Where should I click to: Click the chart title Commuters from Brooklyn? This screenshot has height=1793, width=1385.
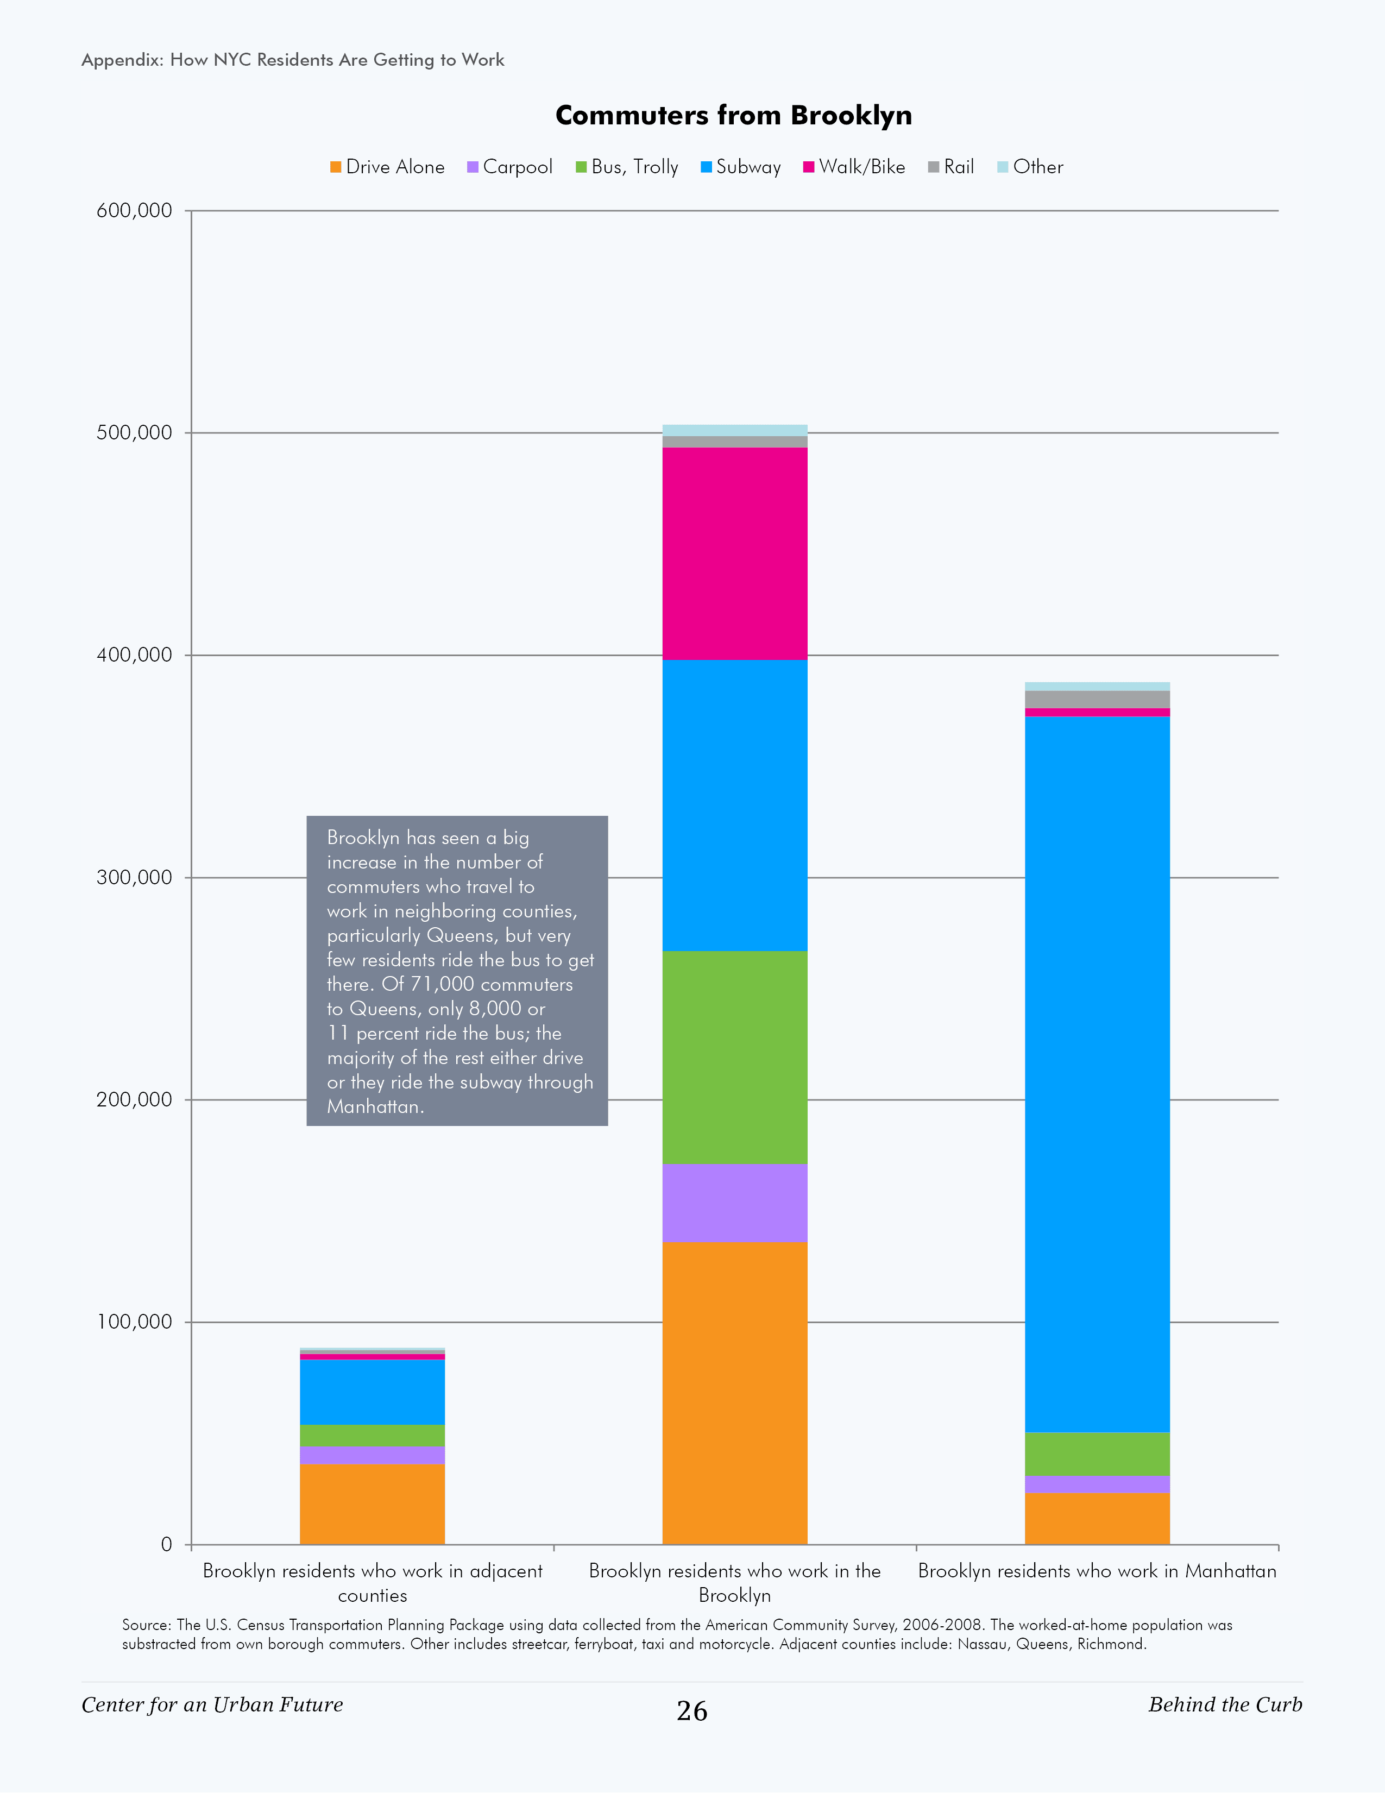(x=733, y=115)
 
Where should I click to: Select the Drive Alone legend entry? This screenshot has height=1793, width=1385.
(x=387, y=167)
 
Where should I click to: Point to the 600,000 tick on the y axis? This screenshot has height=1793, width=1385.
(x=135, y=210)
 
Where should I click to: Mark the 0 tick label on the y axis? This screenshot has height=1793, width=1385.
(x=167, y=1544)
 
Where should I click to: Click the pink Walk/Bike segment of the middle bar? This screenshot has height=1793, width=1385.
(x=735, y=553)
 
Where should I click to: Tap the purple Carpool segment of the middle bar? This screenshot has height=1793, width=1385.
(x=735, y=1203)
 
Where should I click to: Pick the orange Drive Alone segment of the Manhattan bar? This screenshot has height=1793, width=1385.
(x=1097, y=1518)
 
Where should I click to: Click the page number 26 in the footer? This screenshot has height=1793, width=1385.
(x=691, y=1711)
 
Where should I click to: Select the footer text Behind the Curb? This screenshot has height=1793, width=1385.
(x=1224, y=1704)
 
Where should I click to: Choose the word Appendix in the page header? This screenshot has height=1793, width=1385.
(x=122, y=60)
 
